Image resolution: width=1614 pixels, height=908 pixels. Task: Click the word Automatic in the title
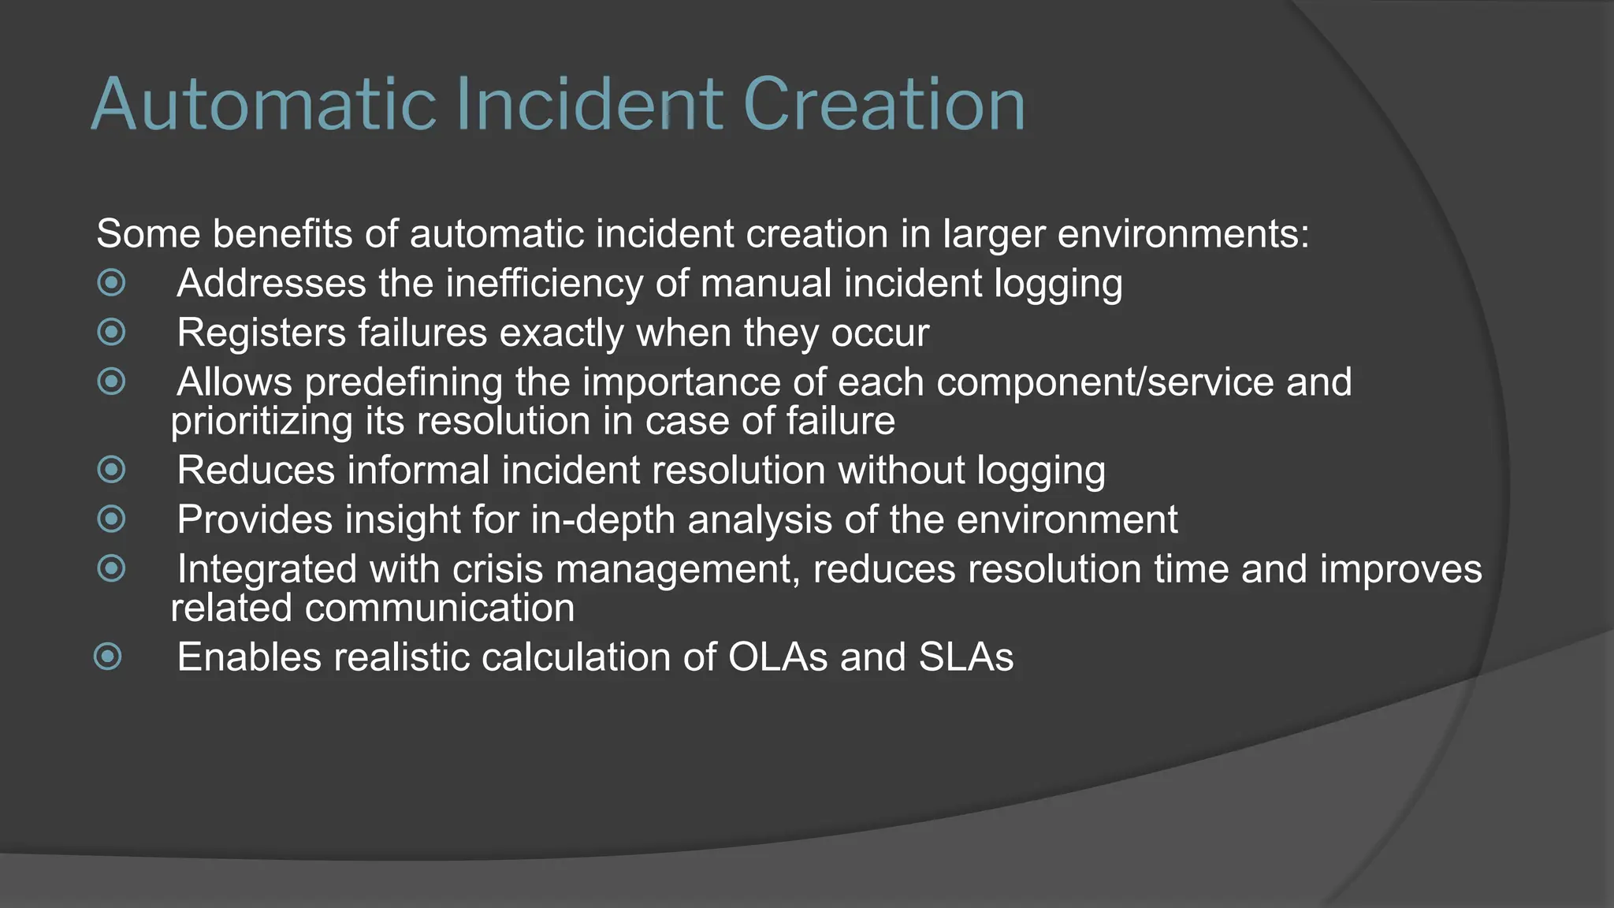264,105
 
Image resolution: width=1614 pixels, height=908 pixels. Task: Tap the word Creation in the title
883,105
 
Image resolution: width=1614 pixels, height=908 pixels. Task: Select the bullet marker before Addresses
111,282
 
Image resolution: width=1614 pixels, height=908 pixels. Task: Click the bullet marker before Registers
111,332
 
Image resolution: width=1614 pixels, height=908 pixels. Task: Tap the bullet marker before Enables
108,656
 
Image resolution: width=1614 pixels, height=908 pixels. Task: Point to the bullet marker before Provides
111,519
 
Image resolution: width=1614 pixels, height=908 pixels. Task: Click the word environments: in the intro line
1183,234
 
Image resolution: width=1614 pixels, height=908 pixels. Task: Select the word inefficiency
544,284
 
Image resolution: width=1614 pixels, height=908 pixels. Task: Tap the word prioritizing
262,422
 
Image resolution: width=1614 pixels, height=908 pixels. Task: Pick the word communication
440,608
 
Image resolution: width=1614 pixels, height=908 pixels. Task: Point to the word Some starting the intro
148,234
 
